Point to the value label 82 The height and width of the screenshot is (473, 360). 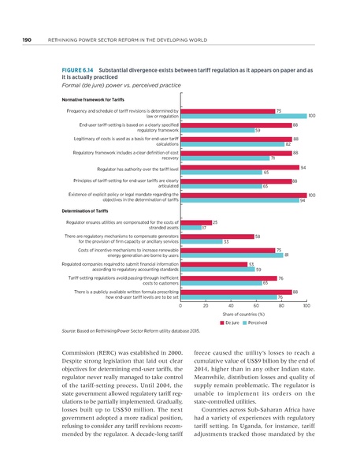[x=288, y=144]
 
